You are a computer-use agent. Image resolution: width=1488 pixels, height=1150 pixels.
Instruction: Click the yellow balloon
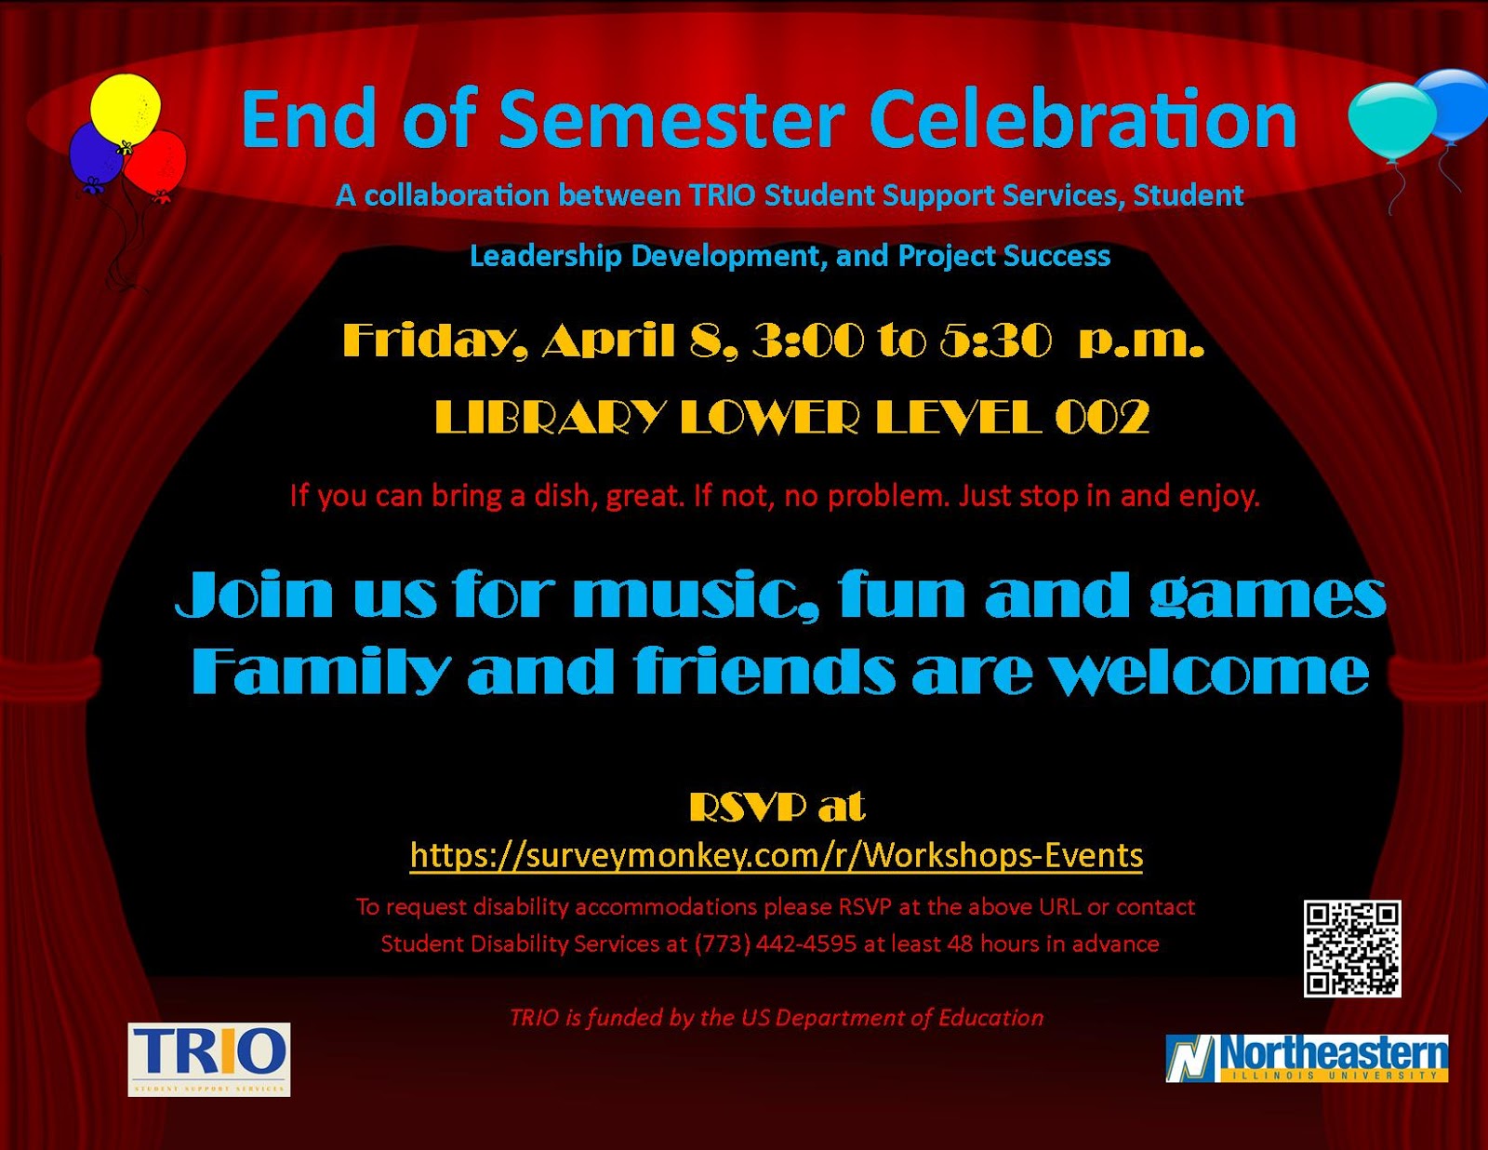(x=125, y=109)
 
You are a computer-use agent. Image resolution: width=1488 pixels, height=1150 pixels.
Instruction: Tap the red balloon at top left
(x=156, y=163)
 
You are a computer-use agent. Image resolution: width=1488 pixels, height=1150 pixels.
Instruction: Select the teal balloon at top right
(x=1391, y=119)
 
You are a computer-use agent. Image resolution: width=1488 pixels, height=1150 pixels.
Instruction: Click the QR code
(x=1351, y=947)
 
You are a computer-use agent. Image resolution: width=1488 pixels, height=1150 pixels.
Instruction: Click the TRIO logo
(x=208, y=1058)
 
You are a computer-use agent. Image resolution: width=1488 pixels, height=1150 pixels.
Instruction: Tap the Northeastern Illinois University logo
(x=1307, y=1058)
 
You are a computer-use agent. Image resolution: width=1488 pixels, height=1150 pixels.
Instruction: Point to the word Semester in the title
(x=671, y=119)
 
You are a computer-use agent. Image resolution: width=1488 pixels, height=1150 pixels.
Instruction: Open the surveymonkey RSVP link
(x=776, y=854)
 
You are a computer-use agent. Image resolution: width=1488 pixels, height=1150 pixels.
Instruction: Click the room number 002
(x=1103, y=417)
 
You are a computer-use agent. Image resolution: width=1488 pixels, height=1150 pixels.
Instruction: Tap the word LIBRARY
(x=550, y=417)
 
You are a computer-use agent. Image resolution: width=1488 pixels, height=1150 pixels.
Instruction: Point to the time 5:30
(x=995, y=341)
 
